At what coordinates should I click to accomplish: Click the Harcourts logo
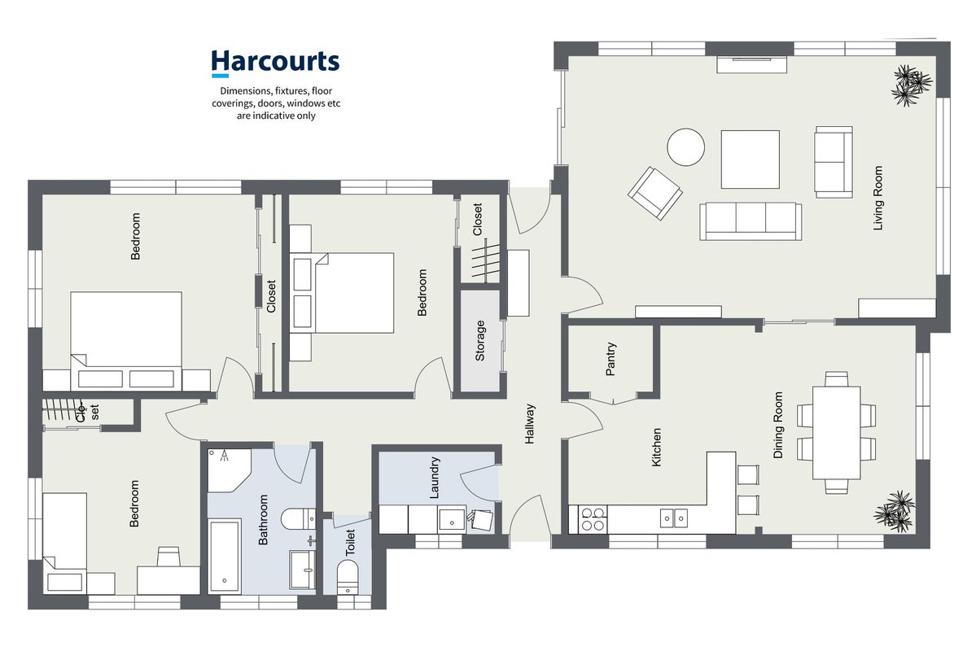pyautogui.click(x=275, y=63)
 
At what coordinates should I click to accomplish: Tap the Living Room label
pyautogui.click(x=878, y=198)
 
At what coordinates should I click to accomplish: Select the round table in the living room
pyautogui.click(x=686, y=146)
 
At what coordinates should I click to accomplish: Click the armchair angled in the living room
pyautogui.click(x=654, y=193)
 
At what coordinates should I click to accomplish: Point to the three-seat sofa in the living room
pyautogui.click(x=750, y=221)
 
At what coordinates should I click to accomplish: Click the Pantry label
pyautogui.click(x=611, y=359)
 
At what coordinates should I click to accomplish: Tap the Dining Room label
pyautogui.click(x=778, y=425)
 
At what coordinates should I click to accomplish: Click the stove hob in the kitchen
pyautogui.click(x=593, y=520)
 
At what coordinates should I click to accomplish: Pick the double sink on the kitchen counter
pyautogui.click(x=674, y=518)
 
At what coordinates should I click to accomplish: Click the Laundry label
pyautogui.click(x=435, y=478)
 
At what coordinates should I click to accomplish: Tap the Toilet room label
pyautogui.click(x=350, y=542)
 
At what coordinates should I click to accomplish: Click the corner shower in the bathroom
pyautogui.click(x=229, y=470)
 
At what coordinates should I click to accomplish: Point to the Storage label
pyautogui.click(x=480, y=340)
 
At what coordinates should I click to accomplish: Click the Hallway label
pyautogui.click(x=530, y=424)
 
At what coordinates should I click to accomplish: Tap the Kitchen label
pyautogui.click(x=656, y=447)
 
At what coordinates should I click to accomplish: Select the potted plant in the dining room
pyautogui.click(x=895, y=511)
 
